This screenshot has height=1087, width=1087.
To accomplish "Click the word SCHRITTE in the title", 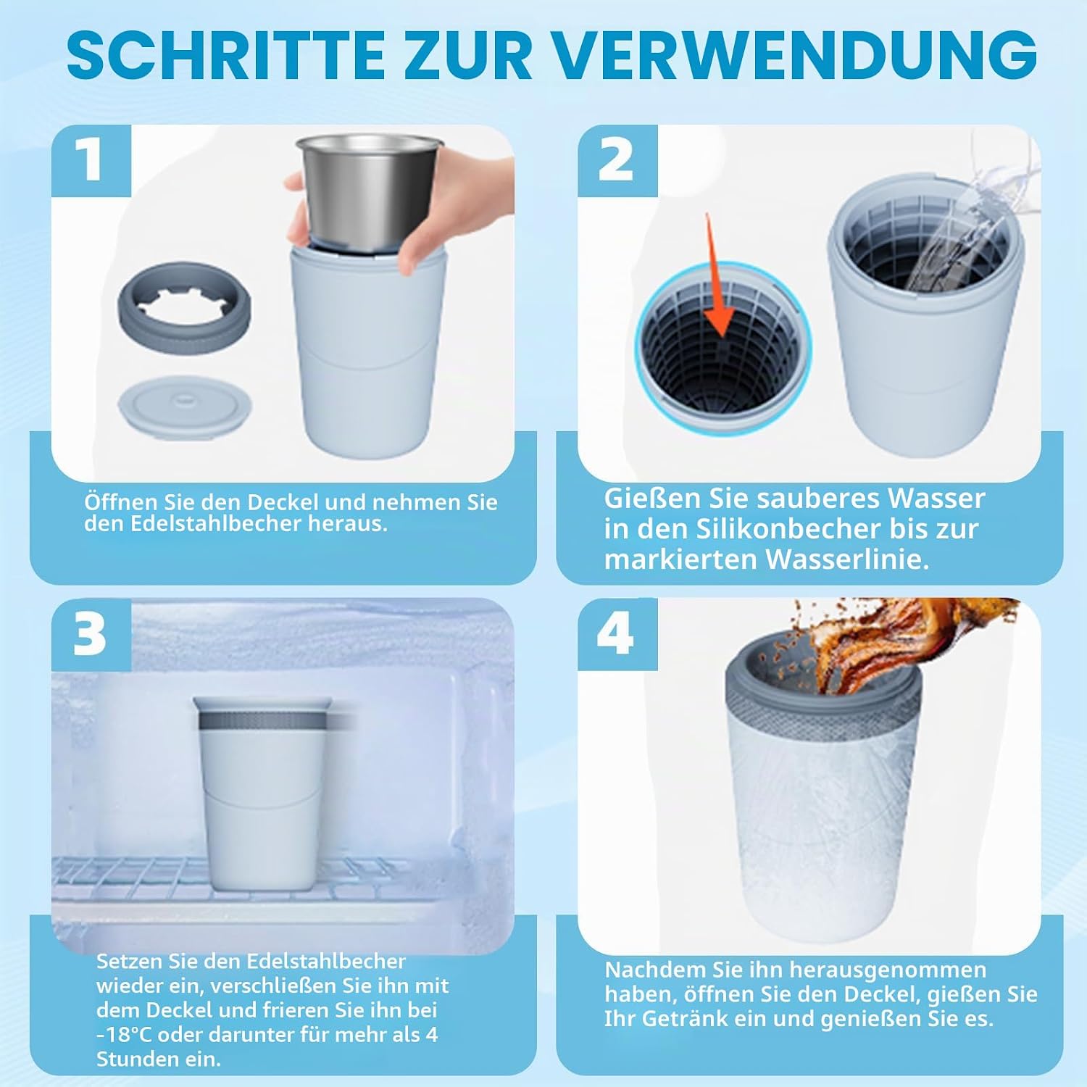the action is pos(225,55).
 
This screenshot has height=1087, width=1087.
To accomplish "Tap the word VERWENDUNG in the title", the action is pos(797,55).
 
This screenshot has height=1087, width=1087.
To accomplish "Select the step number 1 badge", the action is pos(91,160).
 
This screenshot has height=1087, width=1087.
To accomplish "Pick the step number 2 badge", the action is pos(617,160).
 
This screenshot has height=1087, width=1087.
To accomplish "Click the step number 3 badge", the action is pos(91,635).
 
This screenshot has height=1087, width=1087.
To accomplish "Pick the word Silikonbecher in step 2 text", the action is pos(790,529).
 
